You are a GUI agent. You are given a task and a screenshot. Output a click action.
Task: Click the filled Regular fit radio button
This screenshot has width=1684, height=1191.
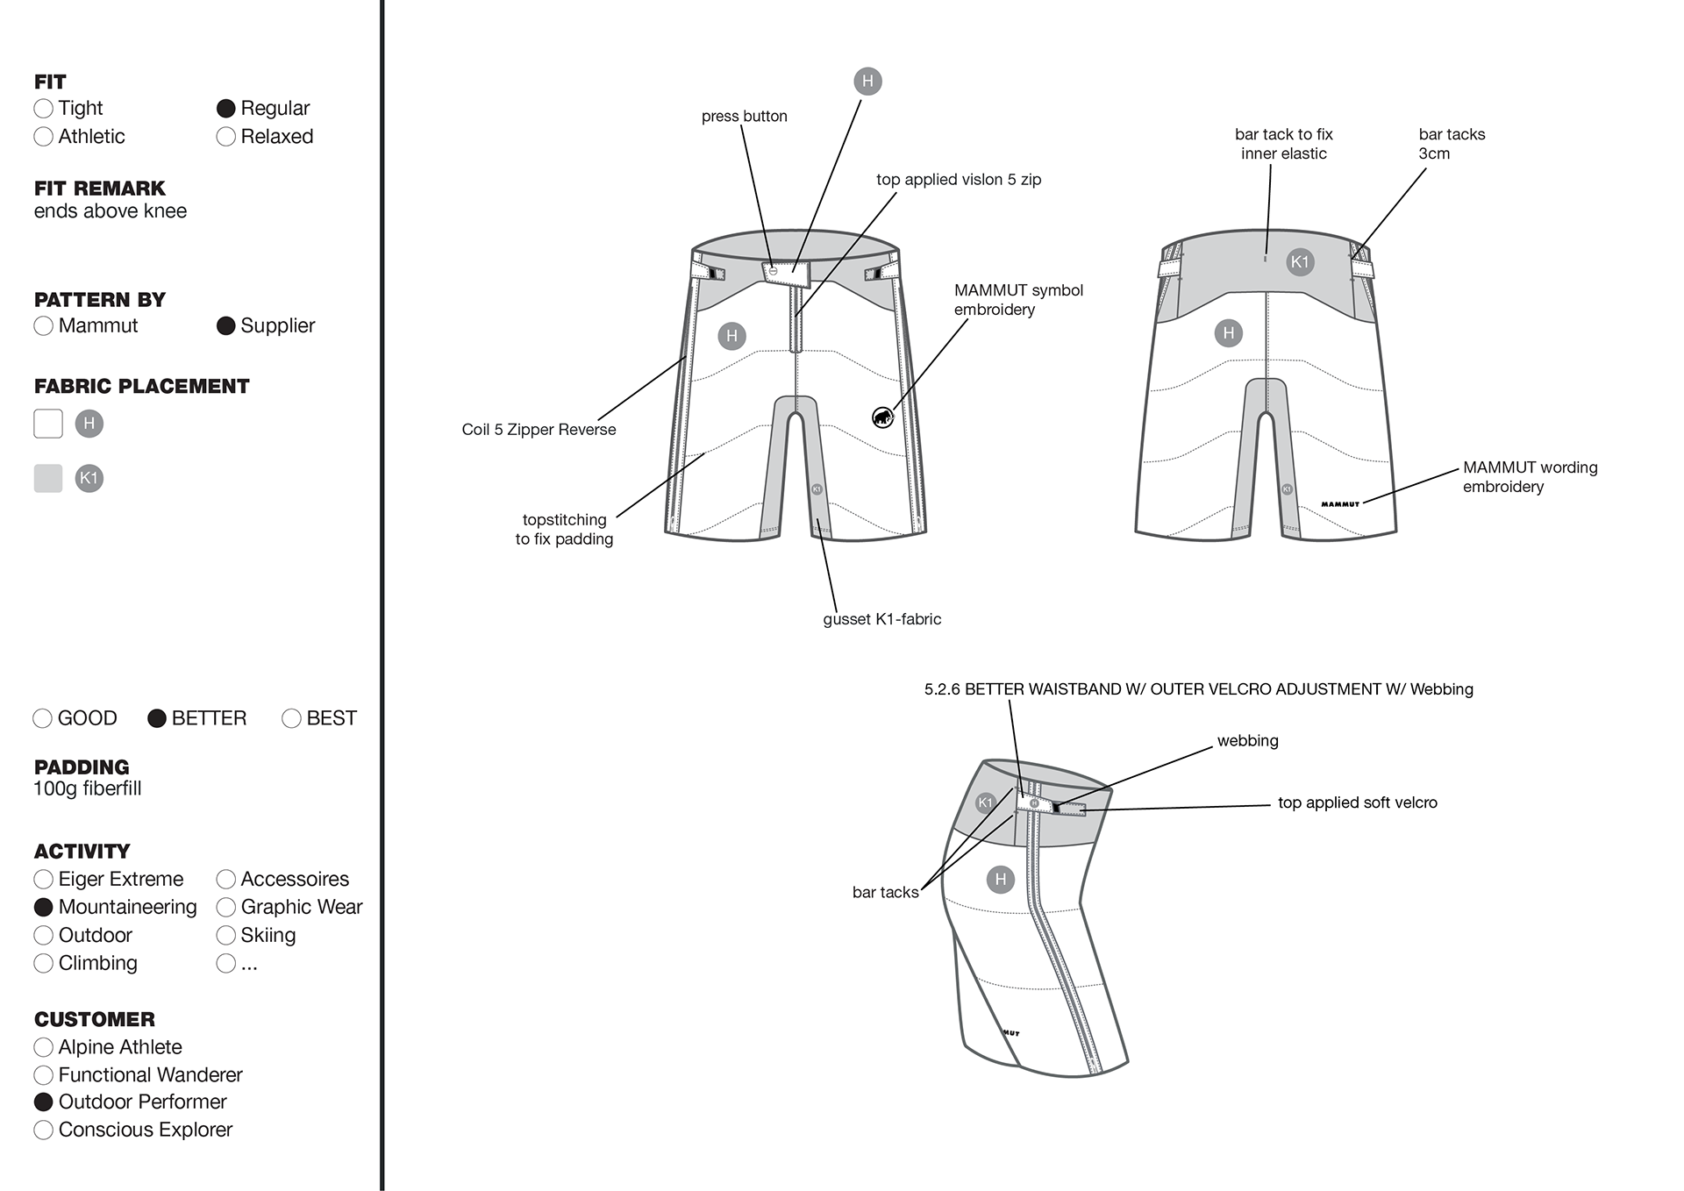click(x=225, y=109)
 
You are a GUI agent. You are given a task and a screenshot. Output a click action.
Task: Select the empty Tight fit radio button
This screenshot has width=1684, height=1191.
click(x=43, y=109)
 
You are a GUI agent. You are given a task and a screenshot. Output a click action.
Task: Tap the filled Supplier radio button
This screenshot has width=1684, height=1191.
click(x=225, y=326)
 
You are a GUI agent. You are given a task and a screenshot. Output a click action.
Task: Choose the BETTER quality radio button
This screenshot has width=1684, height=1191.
click(x=157, y=718)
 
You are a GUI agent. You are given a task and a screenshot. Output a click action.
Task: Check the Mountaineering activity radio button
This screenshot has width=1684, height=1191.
click(x=43, y=907)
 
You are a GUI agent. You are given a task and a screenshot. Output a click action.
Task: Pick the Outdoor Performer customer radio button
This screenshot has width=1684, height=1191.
click(x=43, y=1102)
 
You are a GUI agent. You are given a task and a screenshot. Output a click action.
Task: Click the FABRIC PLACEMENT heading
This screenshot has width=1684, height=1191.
click(x=142, y=387)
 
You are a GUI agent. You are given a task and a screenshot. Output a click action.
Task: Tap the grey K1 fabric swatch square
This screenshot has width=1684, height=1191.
click(x=48, y=478)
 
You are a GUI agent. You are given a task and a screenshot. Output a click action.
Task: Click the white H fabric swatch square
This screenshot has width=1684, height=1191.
click(x=48, y=424)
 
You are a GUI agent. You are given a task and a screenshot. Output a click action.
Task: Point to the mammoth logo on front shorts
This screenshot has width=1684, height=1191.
click(x=882, y=417)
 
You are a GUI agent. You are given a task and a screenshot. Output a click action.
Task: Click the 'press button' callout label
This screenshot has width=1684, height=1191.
click(x=745, y=117)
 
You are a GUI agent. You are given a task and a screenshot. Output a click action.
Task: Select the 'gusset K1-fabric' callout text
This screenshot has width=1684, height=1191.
click(x=882, y=619)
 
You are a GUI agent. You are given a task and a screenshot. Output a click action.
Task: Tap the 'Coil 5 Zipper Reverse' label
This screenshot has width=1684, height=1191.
click(x=539, y=430)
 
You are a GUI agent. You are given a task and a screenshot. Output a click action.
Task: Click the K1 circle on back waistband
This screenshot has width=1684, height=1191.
click(x=1300, y=261)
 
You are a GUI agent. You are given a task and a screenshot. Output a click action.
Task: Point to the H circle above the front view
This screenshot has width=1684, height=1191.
click(x=867, y=82)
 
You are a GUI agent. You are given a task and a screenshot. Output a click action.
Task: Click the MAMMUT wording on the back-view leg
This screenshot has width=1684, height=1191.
click(x=1340, y=504)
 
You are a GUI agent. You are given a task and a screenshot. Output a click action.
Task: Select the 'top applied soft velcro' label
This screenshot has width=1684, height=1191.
click(x=1358, y=802)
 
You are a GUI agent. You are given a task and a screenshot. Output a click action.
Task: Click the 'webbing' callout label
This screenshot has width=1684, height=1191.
click(x=1248, y=741)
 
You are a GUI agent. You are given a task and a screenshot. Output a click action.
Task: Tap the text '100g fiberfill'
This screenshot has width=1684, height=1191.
click(x=88, y=788)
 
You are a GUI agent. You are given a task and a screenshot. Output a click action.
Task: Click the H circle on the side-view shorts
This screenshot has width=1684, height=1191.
click(x=1001, y=880)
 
